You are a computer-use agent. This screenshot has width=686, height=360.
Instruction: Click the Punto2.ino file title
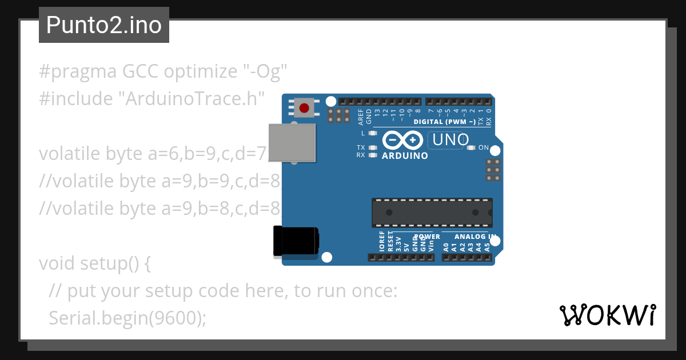[103, 25]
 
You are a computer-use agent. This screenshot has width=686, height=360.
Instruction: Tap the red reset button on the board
[304, 107]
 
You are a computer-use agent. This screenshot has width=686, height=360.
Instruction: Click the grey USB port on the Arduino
[292, 143]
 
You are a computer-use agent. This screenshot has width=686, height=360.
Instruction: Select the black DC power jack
[296, 241]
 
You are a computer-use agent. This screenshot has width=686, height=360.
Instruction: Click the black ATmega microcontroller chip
[432, 212]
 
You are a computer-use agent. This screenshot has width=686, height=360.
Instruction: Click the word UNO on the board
[450, 139]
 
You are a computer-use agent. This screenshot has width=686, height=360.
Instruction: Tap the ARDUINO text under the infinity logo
[405, 156]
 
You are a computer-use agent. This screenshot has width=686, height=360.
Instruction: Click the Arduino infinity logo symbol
[402, 140]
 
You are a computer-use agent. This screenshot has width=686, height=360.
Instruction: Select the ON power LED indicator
[471, 148]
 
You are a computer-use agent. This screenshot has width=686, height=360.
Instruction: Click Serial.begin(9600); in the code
[127, 318]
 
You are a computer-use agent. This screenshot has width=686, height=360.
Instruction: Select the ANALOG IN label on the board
[475, 237]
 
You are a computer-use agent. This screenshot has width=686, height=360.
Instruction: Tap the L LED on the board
[373, 133]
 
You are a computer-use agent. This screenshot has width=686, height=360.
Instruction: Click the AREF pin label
[361, 117]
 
